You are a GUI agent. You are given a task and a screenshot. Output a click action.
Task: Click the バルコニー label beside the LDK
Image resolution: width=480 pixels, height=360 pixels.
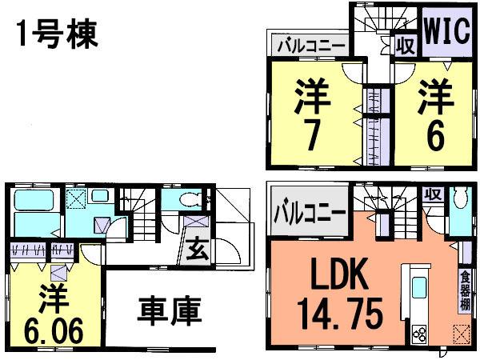[x=310, y=214]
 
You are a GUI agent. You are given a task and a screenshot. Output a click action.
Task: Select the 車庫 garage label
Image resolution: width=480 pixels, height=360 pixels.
[x=168, y=310]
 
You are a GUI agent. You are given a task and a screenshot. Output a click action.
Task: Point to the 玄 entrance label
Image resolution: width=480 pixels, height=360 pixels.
[x=195, y=250]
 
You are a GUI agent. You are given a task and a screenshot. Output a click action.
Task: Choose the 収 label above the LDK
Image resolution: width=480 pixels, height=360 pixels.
[x=433, y=194]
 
